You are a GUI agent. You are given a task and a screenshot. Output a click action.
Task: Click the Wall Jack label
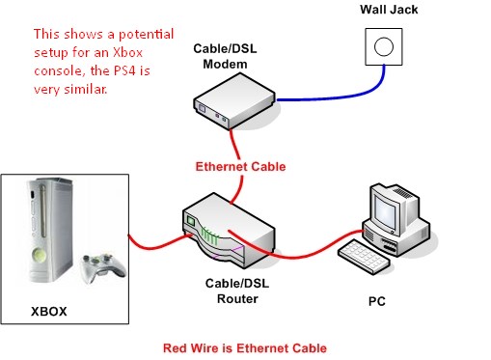389,10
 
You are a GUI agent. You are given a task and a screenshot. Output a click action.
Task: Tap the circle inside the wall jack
384,46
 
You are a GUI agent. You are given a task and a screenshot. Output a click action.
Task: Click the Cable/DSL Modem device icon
234,101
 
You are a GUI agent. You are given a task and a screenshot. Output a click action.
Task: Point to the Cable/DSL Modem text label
225,56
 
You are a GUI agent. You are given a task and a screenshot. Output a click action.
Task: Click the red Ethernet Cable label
240,167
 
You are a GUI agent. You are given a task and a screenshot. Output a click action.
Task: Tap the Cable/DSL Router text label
237,291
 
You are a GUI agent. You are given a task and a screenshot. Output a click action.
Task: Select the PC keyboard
365,257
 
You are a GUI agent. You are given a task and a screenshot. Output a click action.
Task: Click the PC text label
377,301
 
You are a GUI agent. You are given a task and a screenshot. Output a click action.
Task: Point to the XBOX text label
49,312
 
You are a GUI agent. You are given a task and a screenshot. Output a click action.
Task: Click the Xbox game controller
103,267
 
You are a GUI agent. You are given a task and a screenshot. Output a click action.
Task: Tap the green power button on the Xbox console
40,256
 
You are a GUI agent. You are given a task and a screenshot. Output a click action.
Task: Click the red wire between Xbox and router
157,245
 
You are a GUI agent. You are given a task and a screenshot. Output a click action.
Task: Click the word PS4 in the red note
124,70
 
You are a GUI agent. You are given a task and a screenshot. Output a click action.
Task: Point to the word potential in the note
147,35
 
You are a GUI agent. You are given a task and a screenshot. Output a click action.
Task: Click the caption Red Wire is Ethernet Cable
245,348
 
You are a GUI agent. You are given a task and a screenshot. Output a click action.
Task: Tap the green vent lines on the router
209,237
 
